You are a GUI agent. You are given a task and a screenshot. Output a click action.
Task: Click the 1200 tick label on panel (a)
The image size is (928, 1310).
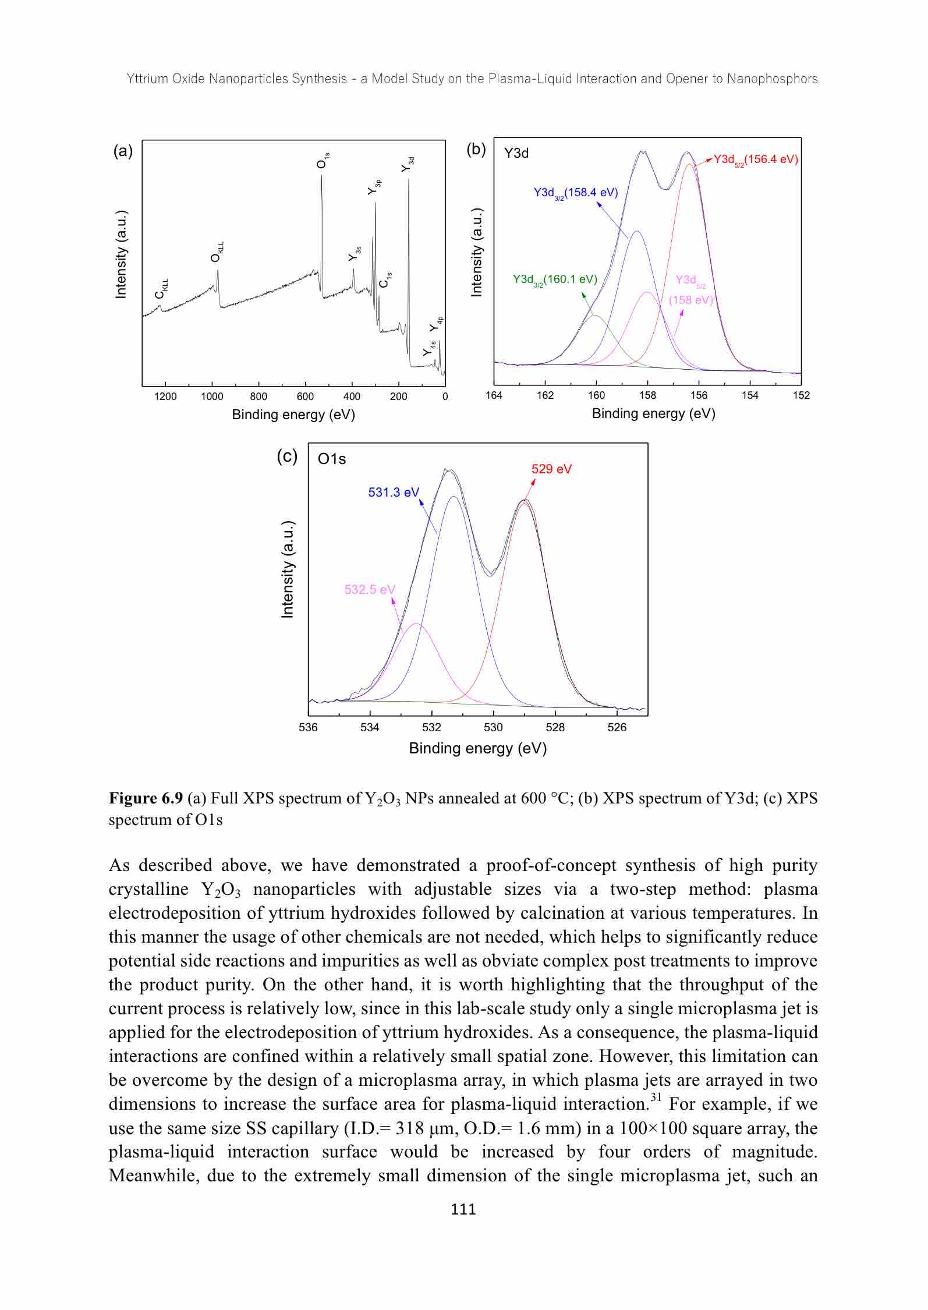(x=165, y=397)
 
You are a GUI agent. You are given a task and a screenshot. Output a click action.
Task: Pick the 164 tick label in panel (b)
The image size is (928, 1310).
(x=494, y=395)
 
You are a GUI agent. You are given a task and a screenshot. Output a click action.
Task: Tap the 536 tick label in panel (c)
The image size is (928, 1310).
(x=308, y=727)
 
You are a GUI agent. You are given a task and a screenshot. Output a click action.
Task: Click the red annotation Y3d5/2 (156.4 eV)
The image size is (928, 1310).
(x=755, y=160)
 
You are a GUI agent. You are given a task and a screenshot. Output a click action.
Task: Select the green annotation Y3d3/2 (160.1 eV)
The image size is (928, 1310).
(x=554, y=279)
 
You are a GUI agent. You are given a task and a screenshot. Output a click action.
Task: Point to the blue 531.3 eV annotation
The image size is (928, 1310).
(x=394, y=493)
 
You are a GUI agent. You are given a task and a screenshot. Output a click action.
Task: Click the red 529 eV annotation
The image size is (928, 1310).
(x=551, y=469)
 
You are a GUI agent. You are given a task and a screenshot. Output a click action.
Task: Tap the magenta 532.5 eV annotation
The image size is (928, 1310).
(x=370, y=590)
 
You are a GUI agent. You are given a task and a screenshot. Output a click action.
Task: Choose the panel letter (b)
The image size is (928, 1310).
(x=476, y=150)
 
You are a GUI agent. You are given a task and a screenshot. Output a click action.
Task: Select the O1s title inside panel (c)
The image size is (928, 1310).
(x=332, y=459)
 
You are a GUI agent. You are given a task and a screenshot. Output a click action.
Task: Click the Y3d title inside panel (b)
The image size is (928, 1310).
(x=516, y=153)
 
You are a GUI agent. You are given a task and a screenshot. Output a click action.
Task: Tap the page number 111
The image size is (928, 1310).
(x=463, y=1209)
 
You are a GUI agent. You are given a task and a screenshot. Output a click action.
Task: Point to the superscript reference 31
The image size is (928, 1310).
(x=656, y=1098)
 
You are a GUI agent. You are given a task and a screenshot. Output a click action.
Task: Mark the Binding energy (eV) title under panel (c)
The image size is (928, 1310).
(x=477, y=748)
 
